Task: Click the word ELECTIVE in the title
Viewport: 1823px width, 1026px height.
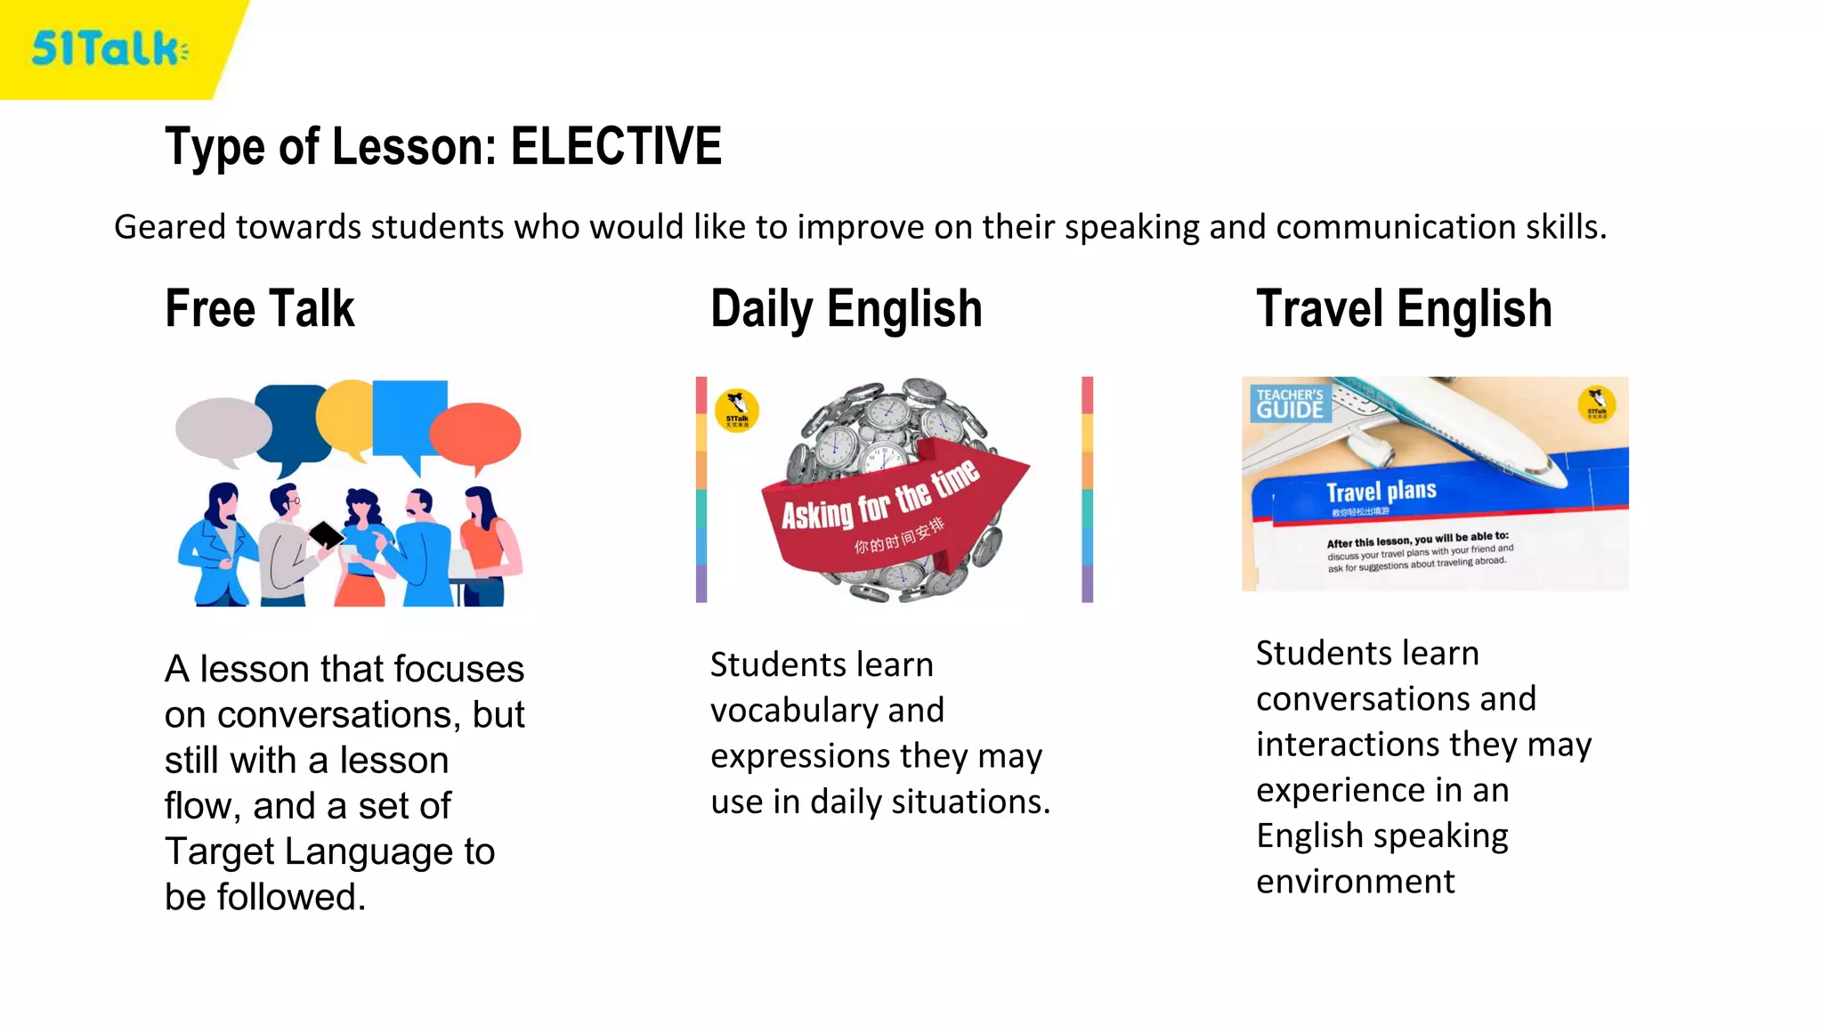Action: click(x=616, y=147)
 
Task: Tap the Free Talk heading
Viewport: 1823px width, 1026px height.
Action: click(x=259, y=309)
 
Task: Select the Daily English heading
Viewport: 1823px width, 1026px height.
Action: click(x=846, y=309)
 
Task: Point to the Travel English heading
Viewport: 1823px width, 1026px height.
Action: click(x=1404, y=309)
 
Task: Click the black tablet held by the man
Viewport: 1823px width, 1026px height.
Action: click(x=326, y=534)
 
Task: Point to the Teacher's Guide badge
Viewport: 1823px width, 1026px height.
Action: click(x=1290, y=403)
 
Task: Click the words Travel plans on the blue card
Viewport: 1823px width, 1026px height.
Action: click(x=1381, y=491)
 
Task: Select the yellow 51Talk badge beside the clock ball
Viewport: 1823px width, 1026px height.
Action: click(x=737, y=411)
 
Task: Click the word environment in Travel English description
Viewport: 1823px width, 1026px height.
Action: click(x=1355, y=882)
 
